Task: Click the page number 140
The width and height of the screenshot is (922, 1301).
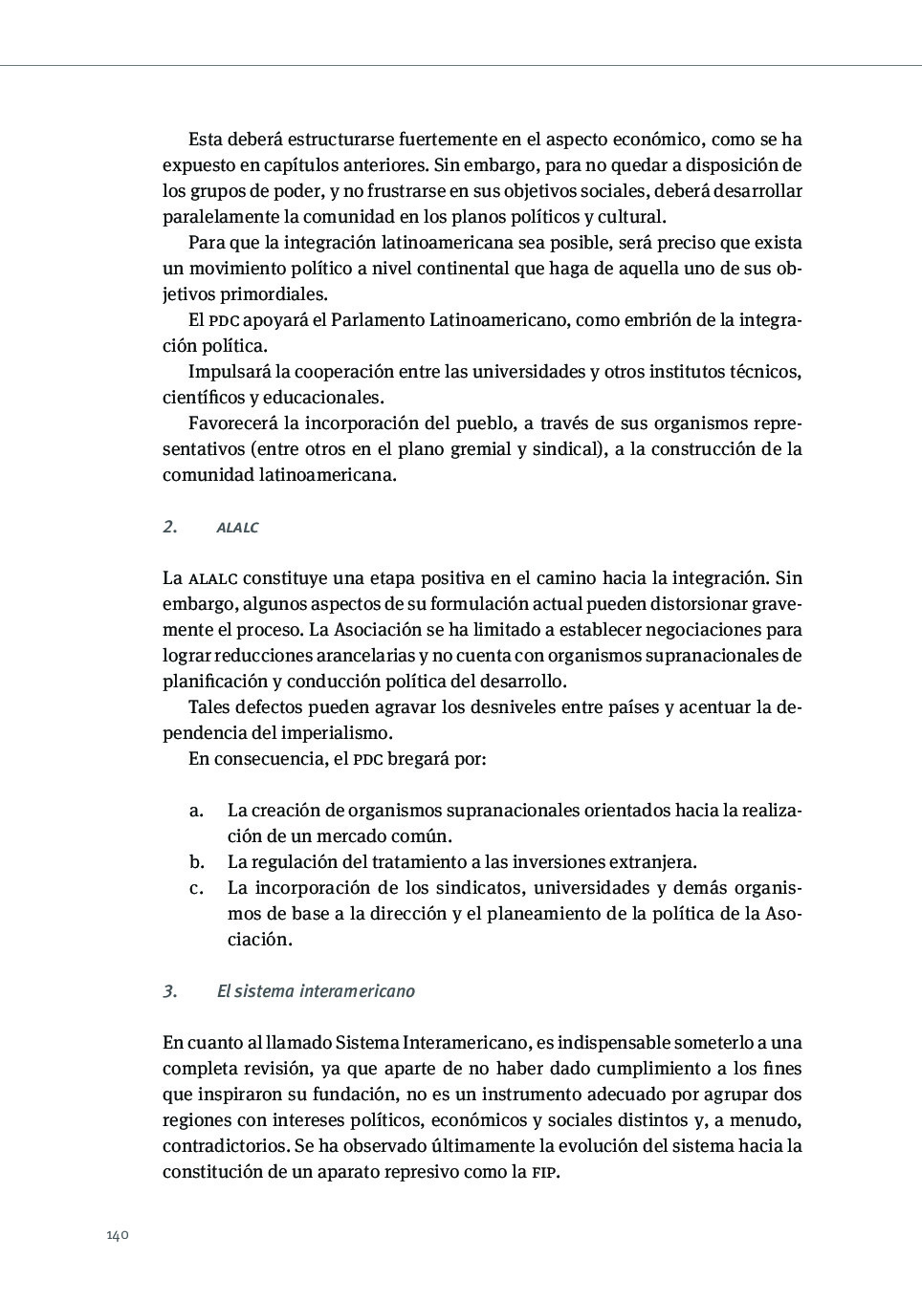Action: pos(117,1235)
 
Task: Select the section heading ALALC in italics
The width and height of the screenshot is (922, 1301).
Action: pos(237,528)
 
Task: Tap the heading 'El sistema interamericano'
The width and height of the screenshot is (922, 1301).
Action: pos(316,991)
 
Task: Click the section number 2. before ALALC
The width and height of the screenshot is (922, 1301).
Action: pos(170,527)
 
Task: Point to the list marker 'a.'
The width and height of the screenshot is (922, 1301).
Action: pos(196,811)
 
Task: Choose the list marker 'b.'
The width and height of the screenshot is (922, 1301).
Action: pos(196,862)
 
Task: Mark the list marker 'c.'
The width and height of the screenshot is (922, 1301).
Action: pos(196,888)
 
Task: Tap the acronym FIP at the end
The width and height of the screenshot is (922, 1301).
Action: pos(544,1173)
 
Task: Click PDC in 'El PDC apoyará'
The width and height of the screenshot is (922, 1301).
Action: pos(224,321)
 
